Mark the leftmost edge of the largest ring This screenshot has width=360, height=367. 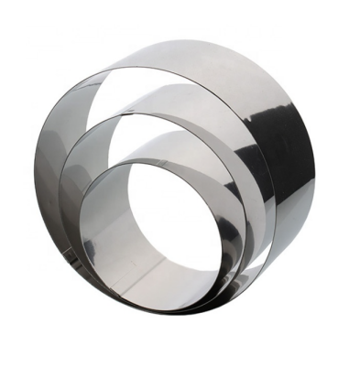click(x=36, y=183)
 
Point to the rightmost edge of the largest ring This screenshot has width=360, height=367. click(x=315, y=165)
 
